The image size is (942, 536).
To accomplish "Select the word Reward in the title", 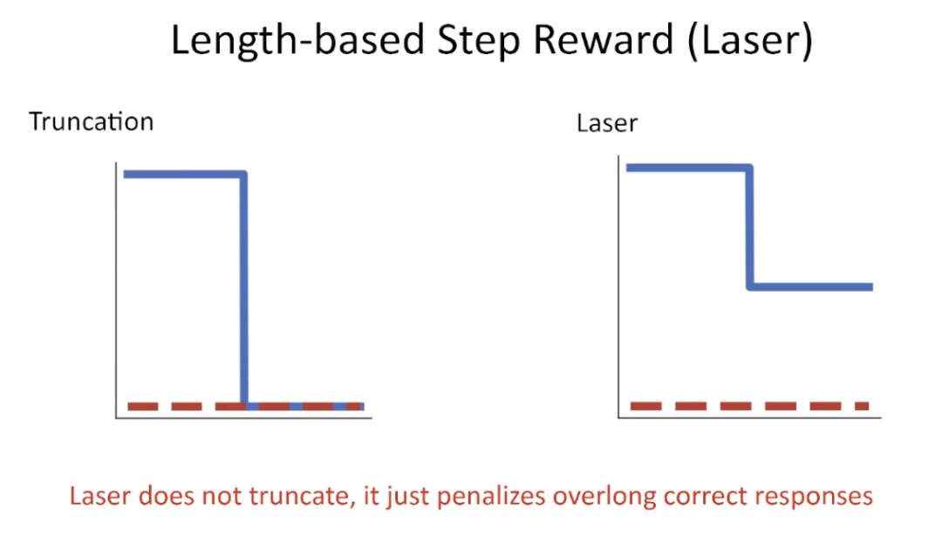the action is point(604,39).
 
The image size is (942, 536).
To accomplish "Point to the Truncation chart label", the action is point(92,122).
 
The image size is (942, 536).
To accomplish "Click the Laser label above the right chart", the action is point(607,123).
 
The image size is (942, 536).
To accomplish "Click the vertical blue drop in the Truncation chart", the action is point(244,289).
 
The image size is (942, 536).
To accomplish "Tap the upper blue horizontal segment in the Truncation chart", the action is point(184,175).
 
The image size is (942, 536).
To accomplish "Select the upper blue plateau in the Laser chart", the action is point(688,168).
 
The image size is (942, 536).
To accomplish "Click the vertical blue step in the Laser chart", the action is point(750,227).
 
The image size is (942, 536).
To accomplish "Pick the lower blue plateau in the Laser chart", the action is point(811,287).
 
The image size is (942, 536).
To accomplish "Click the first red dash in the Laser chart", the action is point(645,406).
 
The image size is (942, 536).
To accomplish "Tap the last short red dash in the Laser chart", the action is point(862,406).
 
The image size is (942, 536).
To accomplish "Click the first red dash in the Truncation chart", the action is point(143,407).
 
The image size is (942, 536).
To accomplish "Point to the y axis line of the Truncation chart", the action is point(116,290).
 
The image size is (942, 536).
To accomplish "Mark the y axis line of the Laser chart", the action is point(618,286).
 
